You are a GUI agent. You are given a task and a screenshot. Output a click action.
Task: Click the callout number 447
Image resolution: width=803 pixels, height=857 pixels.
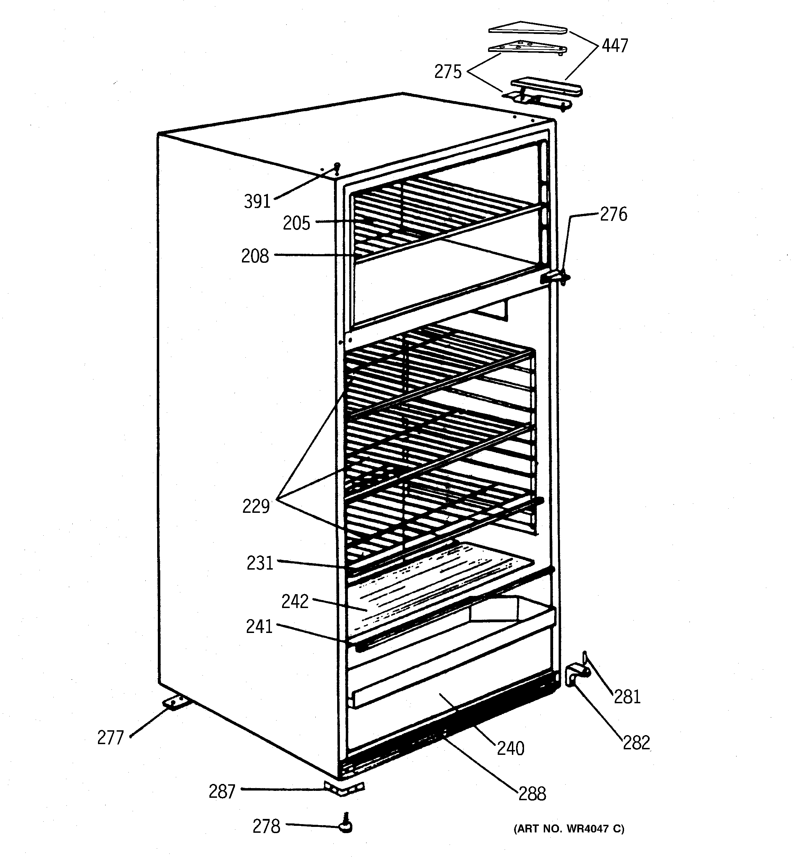(615, 46)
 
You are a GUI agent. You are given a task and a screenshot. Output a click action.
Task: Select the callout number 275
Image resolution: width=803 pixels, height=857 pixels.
(448, 72)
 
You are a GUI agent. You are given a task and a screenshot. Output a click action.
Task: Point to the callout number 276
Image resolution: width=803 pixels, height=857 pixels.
(613, 215)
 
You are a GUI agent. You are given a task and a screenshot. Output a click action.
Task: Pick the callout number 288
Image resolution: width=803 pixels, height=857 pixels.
(532, 794)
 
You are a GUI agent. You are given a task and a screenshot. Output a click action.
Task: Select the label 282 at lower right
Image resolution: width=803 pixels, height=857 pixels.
(636, 742)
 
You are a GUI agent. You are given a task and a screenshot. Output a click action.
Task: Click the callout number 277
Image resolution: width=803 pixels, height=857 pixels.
(110, 738)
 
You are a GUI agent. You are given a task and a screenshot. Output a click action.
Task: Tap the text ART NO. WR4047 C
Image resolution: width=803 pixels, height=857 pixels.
(569, 829)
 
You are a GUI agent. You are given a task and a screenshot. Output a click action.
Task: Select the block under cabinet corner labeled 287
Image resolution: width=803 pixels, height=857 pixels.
(344, 788)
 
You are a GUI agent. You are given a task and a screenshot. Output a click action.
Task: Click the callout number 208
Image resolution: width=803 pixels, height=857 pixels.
(255, 257)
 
